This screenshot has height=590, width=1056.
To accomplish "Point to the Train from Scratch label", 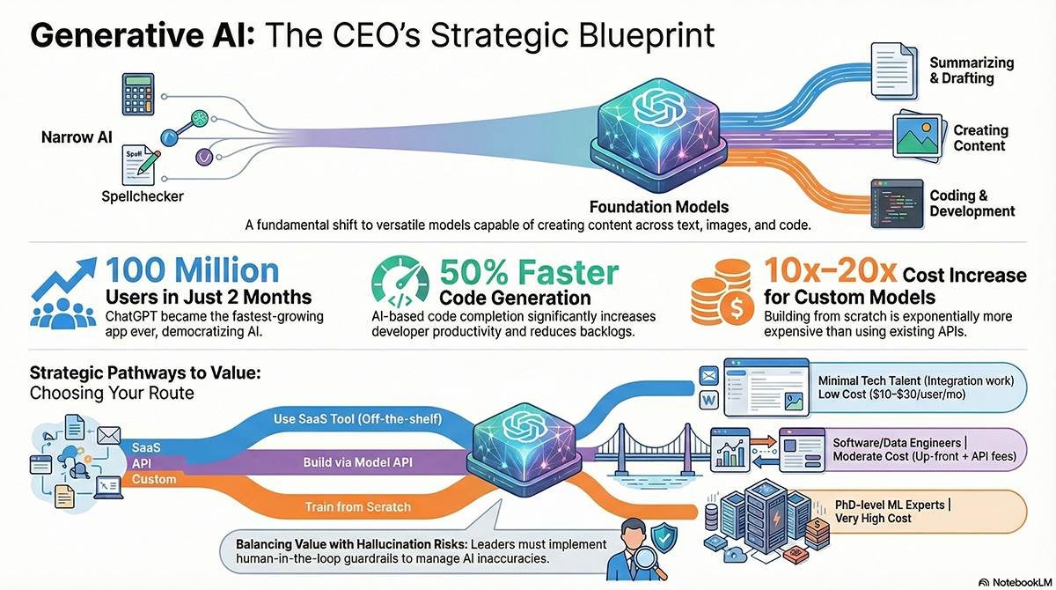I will [x=357, y=506].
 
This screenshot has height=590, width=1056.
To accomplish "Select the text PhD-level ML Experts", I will [x=891, y=505].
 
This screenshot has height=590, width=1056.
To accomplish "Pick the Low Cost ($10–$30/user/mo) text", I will [x=891, y=394].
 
